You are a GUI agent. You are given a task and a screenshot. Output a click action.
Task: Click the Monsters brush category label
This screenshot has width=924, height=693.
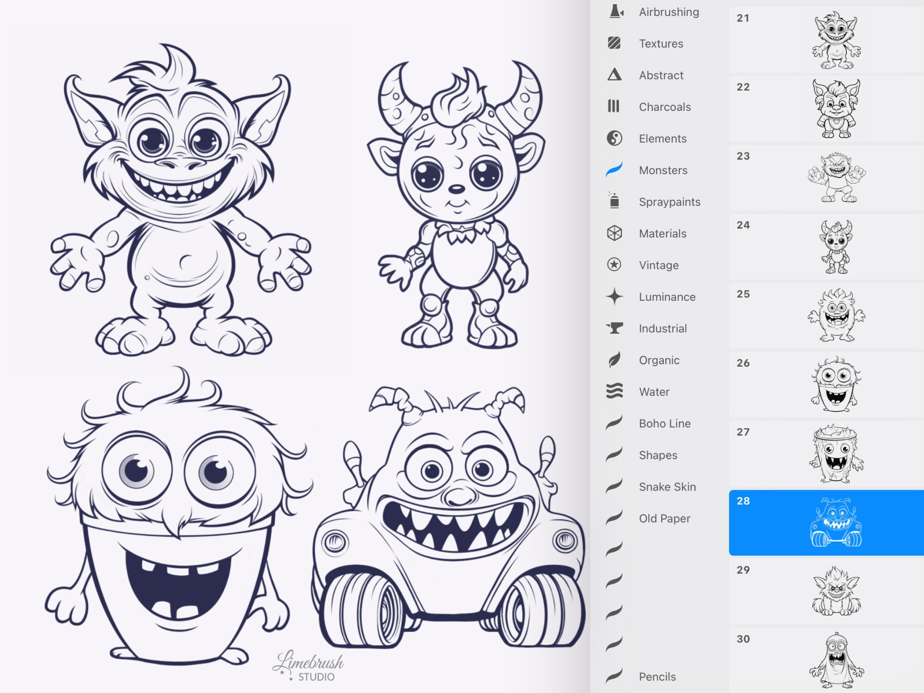pos(663,170)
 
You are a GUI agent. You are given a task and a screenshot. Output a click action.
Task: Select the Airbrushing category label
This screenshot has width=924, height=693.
pos(669,12)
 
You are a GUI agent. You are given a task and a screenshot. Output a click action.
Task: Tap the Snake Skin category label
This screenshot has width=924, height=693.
pos(667,487)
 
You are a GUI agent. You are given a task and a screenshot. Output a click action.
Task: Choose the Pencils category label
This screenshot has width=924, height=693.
pos(657,677)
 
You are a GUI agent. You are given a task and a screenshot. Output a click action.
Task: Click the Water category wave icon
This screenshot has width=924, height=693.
pos(614,391)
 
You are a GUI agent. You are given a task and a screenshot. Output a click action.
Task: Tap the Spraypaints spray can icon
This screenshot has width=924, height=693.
pos(614,201)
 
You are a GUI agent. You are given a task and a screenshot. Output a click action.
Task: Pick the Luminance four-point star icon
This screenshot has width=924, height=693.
pos(614,297)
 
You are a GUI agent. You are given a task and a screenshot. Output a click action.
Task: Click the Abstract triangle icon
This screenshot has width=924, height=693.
pos(614,75)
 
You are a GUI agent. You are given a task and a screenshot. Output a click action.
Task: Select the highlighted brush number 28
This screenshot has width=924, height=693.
pos(743,501)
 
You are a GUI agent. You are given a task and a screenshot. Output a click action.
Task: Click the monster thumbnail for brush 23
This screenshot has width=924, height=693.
pos(836,177)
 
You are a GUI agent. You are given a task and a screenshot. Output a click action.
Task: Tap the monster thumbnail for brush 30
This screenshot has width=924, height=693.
pos(836,661)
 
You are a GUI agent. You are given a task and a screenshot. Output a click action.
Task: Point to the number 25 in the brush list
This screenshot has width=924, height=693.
pos(743,294)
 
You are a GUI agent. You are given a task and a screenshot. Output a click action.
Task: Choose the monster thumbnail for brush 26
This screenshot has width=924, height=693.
pos(836,384)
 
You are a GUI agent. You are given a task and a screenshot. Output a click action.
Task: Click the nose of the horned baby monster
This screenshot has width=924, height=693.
pos(457,188)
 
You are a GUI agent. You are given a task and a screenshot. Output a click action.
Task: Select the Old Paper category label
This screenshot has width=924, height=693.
pos(664,519)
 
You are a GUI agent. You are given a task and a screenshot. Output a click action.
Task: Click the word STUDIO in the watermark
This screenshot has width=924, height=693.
pos(316,677)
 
